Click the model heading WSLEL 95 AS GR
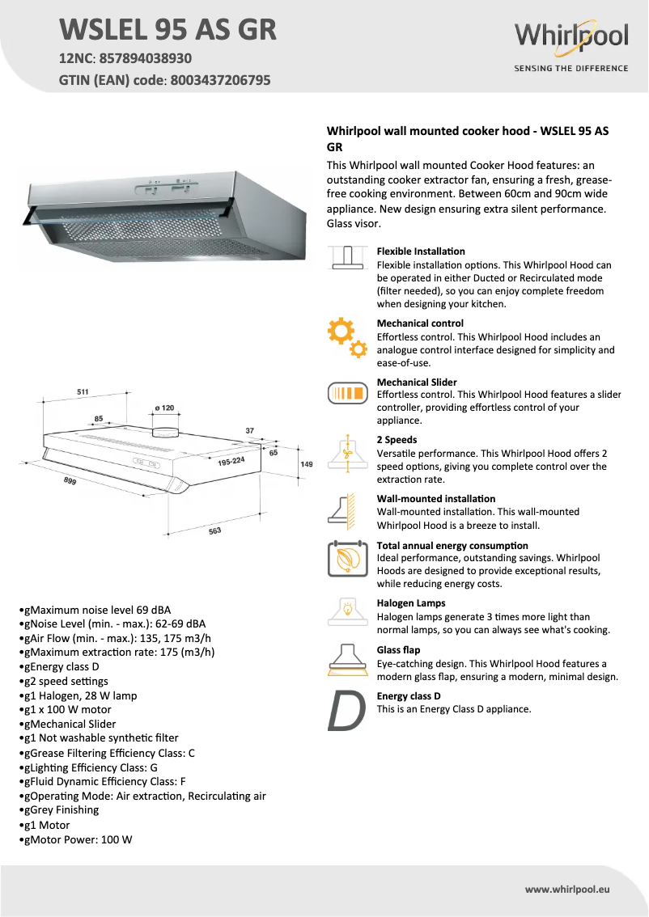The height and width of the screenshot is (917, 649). point(168,29)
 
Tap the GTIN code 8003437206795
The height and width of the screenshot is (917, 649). point(220,80)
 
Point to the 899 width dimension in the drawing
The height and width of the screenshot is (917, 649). point(70,481)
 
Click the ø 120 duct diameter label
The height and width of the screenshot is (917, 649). point(163,408)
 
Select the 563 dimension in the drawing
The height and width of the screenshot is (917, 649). point(214,531)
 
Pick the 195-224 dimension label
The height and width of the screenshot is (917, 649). point(231,461)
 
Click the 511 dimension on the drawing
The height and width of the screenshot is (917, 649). point(83,391)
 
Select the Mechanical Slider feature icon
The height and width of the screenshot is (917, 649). point(348,394)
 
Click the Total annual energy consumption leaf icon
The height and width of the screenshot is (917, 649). point(347,560)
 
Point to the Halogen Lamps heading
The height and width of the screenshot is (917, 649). point(410,603)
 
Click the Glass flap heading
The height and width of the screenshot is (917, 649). point(398,650)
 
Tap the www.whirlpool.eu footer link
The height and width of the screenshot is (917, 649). point(566,889)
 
